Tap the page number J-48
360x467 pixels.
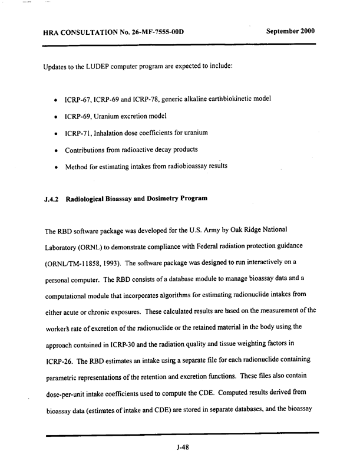point(181,447)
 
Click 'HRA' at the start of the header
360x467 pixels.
point(53,31)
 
